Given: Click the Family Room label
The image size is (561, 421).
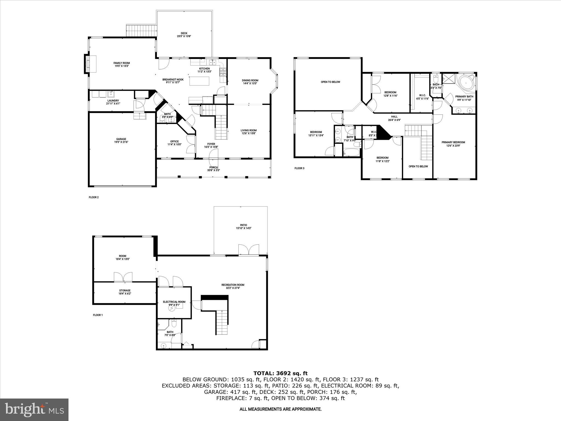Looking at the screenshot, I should click(x=122, y=63).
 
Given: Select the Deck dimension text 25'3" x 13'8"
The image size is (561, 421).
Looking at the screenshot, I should click(x=184, y=36).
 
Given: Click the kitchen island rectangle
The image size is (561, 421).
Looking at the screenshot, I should click(x=199, y=81).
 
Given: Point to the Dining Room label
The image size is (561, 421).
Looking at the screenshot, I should click(x=250, y=80).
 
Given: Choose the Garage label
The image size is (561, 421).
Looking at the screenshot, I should click(x=121, y=139).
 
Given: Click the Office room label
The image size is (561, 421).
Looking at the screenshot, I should click(x=174, y=141).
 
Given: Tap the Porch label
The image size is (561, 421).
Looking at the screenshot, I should click(x=213, y=167).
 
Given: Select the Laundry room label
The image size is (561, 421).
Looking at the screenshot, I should click(x=113, y=101).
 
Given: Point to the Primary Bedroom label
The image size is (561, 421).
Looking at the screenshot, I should click(x=453, y=142).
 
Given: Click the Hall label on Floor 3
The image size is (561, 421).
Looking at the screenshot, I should click(x=394, y=117).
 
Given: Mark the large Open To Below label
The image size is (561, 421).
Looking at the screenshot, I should click(x=330, y=82).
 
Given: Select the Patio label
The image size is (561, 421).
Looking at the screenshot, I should click(x=243, y=225).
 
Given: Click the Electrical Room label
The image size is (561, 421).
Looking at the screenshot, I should click(x=174, y=302).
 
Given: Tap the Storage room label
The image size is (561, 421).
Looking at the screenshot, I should click(x=125, y=291).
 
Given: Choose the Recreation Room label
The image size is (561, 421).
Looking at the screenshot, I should click(x=233, y=285).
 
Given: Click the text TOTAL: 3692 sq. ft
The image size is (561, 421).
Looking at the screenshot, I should click(x=280, y=373).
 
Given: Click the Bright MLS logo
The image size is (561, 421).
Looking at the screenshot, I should click(x=34, y=410).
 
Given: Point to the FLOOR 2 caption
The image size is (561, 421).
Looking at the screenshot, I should click(x=94, y=197).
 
